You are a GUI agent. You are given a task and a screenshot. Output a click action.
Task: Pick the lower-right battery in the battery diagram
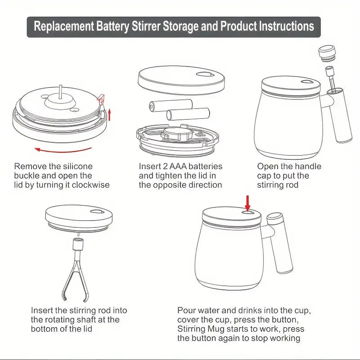(x=188, y=114)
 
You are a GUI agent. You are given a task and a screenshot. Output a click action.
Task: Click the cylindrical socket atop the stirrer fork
(x=78, y=246)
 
